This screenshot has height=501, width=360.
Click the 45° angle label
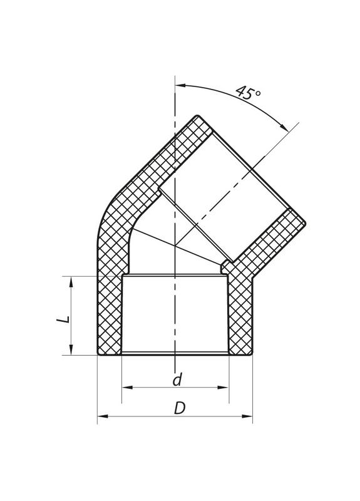[249, 93]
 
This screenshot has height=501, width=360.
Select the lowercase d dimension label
[177, 380]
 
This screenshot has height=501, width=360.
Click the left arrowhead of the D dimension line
[102, 415]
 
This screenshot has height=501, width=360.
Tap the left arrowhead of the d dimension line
[125, 387]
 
